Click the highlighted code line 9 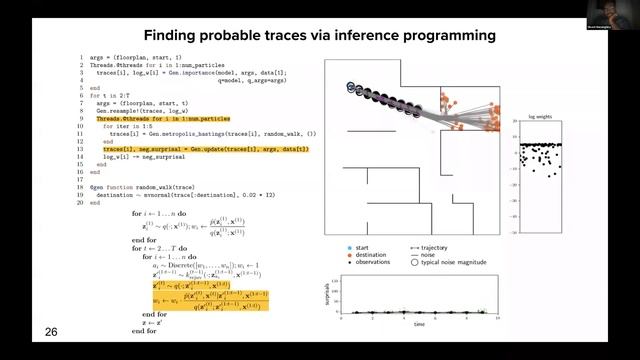pos(159,118)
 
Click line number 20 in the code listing pos(80,202)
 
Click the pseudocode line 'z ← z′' pos(153,323)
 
